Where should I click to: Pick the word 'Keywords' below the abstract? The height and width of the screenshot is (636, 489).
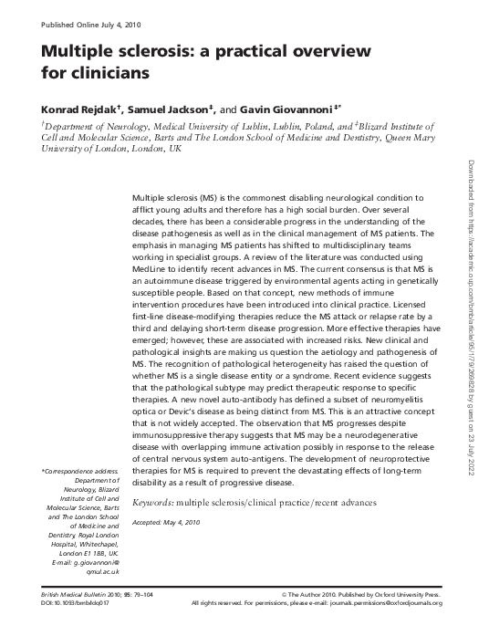(x=153, y=503)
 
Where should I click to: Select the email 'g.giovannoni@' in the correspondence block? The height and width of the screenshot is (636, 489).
(x=88, y=562)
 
